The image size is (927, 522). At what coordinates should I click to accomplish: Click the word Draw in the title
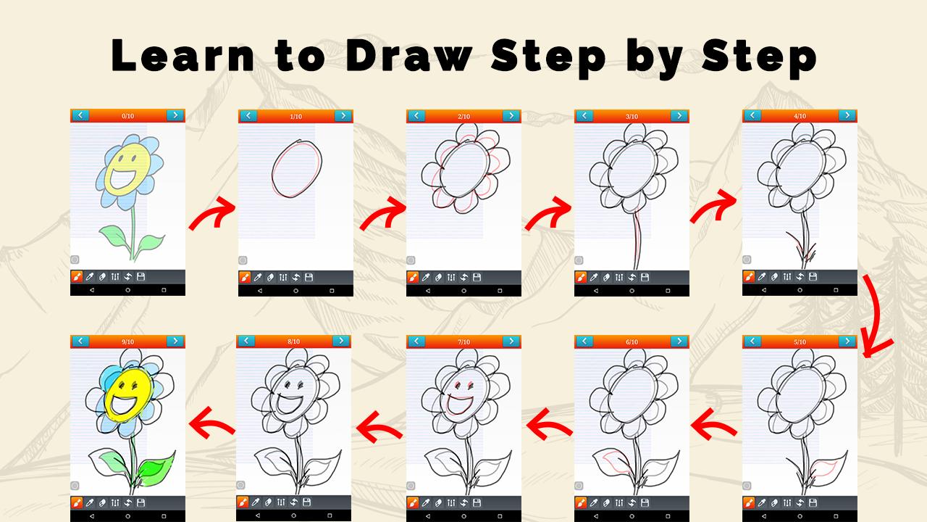tap(409, 56)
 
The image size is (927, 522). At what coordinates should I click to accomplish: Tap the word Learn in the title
tap(183, 56)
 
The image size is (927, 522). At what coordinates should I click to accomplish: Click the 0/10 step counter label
tap(128, 116)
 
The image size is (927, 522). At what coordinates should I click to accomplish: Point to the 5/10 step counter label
tap(800, 341)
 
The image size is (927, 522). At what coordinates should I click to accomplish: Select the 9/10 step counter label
tap(128, 341)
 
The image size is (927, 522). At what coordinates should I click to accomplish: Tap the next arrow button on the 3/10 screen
tap(679, 115)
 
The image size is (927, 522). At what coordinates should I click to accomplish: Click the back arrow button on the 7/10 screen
tap(416, 341)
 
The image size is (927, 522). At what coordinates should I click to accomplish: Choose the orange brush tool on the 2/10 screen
tap(413, 277)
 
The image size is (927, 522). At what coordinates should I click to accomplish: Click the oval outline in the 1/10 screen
tap(296, 169)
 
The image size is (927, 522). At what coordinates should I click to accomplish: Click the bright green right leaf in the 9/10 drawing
tap(155, 468)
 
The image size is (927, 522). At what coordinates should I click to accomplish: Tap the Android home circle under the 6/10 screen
tap(632, 516)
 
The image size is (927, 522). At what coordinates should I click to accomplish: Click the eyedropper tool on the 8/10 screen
tap(256, 502)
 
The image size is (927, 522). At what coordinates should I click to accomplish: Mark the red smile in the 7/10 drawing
tap(459, 405)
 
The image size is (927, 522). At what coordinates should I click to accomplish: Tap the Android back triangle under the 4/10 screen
tap(764, 291)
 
